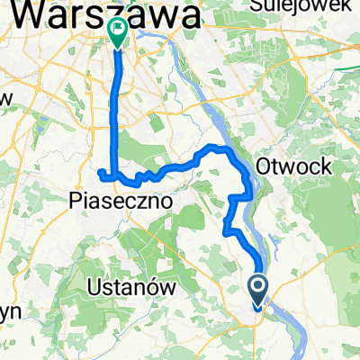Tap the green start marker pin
click(118, 32)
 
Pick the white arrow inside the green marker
click(118, 30)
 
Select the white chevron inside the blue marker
click(258, 288)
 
